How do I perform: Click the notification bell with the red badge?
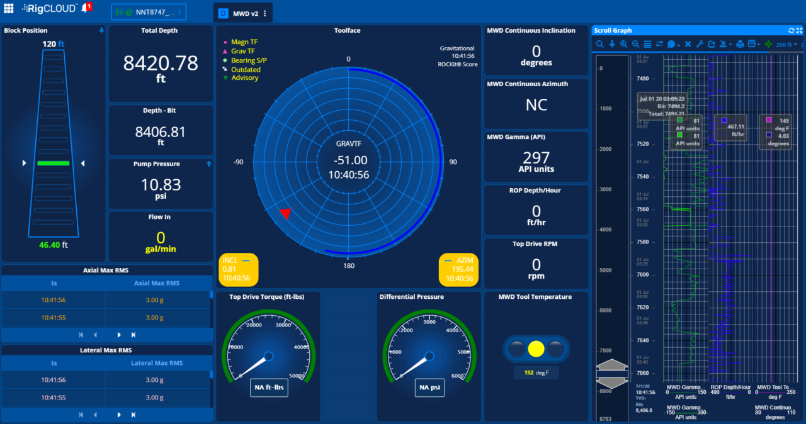(x=85, y=8)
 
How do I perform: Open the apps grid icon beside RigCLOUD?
(x=9, y=8)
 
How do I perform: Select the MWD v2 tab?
(x=242, y=13)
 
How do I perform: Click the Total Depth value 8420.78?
(x=160, y=63)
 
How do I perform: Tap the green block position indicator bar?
(x=53, y=164)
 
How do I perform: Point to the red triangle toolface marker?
(x=285, y=213)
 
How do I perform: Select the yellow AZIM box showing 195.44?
(x=458, y=269)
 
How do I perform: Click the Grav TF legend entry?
(x=243, y=51)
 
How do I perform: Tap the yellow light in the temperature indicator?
(x=536, y=349)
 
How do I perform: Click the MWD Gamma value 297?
(x=536, y=158)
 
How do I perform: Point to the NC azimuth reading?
(x=536, y=105)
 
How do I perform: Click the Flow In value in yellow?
(x=161, y=238)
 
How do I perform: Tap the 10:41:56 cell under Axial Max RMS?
(x=54, y=300)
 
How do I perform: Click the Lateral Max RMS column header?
(x=156, y=363)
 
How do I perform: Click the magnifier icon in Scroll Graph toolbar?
(x=600, y=44)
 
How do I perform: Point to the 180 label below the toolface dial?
(x=348, y=265)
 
